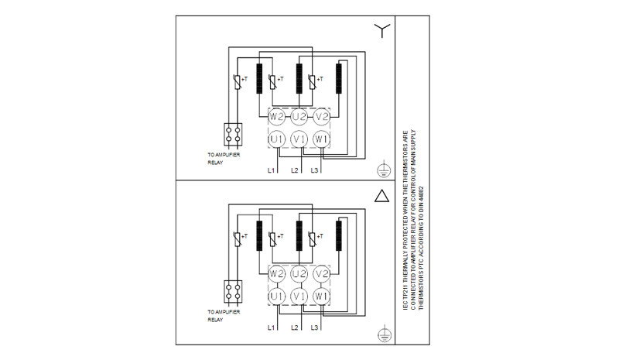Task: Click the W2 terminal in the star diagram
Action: [276, 117]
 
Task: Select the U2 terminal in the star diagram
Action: [299, 117]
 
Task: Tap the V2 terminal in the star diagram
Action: [322, 117]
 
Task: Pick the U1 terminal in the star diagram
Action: [276, 139]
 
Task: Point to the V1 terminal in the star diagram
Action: [299, 139]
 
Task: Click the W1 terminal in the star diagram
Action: [322, 139]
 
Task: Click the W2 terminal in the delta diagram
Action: [276, 275]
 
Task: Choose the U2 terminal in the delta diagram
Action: [299, 275]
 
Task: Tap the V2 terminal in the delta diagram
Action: [322, 275]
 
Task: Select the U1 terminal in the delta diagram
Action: [276, 297]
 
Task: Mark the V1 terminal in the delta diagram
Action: [299, 297]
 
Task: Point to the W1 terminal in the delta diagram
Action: [322, 297]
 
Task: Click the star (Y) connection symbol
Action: [381, 30]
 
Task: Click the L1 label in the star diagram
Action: [272, 170]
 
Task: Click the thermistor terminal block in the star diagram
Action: [233, 134]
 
